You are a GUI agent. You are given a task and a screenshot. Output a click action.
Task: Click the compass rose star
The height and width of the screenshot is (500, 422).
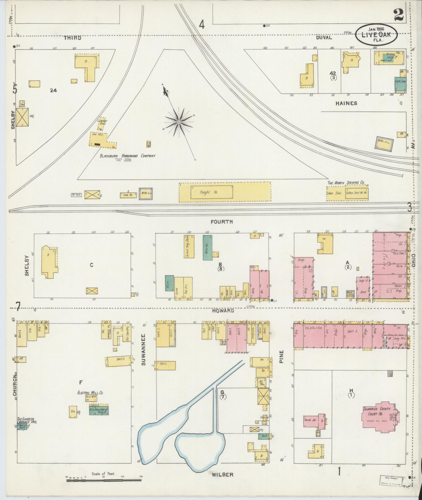178,121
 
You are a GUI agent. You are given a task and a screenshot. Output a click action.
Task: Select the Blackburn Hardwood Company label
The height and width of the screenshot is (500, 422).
128,156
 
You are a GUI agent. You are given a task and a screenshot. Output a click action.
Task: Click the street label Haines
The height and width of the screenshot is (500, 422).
346,103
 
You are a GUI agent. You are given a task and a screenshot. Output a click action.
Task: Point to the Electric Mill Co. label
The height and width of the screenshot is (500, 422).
90,393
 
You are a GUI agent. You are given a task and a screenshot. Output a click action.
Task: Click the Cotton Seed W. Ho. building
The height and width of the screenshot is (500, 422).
357,193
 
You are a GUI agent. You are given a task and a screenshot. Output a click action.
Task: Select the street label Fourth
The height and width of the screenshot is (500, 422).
222,222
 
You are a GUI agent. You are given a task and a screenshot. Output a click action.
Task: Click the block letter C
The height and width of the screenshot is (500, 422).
91,265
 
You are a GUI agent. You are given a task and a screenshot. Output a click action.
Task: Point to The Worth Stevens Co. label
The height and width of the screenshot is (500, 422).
346,183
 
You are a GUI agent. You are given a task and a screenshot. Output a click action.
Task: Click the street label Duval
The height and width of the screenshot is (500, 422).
324,37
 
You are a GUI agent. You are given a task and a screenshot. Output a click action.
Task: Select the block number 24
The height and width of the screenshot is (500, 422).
53,90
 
